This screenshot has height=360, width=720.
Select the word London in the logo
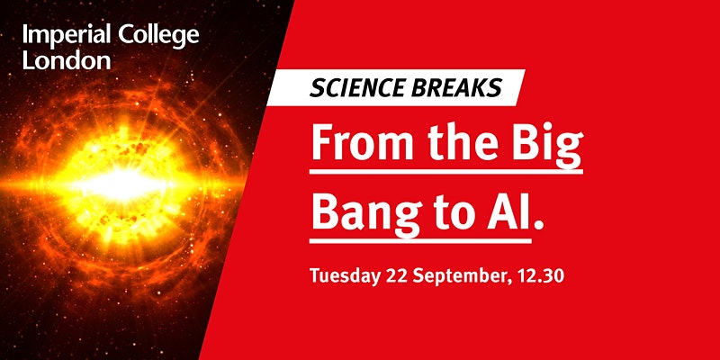pos(67,60)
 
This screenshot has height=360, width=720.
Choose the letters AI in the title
pos(508,211)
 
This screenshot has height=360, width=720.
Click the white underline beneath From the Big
pos(446,172)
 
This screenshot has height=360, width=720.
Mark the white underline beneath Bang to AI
pos(420,240)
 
